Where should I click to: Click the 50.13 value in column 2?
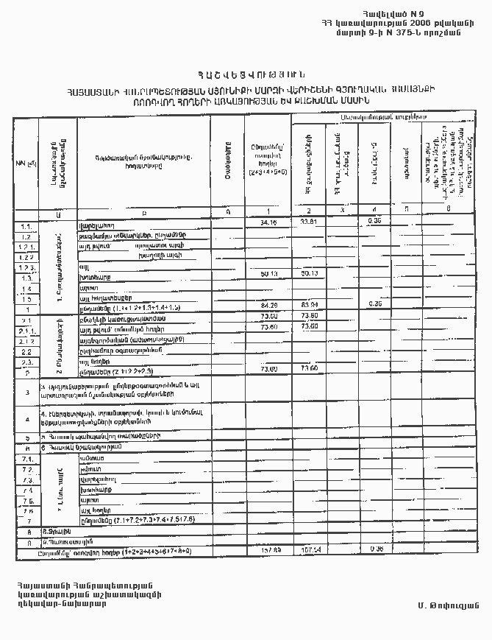309,273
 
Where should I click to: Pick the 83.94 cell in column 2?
309,303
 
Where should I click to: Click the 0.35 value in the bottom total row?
377,549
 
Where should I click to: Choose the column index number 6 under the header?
448,211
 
